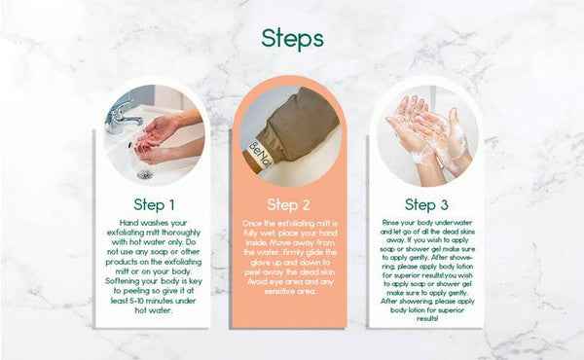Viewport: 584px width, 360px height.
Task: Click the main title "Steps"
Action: tap(292, 38)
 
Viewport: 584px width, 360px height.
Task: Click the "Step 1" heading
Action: tap(155, 205)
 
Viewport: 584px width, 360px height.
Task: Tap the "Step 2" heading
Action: tap(289, 205)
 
